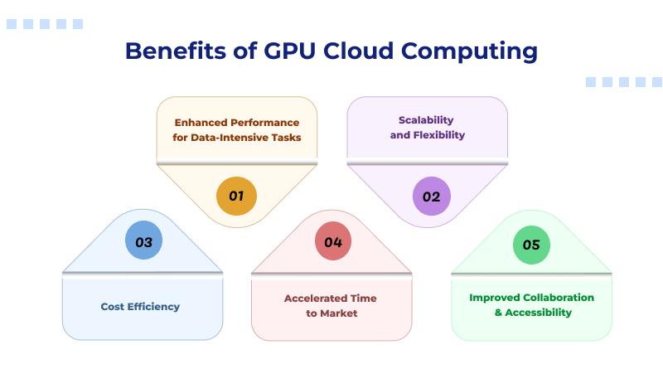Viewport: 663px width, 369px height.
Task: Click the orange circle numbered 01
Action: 236,197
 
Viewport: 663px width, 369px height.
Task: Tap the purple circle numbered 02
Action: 431,197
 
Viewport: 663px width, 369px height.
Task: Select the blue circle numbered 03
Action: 144,242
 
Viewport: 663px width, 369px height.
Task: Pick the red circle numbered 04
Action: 333,242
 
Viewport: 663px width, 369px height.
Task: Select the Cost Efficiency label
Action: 140,307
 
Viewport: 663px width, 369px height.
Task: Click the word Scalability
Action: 427,120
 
